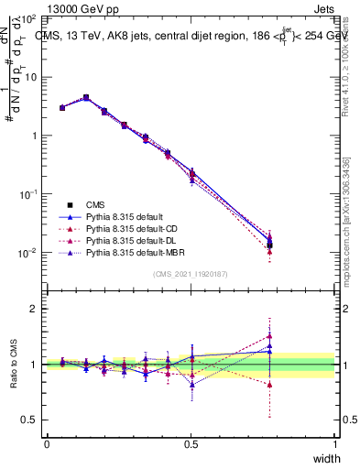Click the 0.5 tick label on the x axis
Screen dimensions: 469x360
(191, 444)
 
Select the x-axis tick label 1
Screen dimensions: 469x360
(335, 444)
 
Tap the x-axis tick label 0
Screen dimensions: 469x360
(47, 444)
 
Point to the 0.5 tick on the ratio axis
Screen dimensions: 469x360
(28, 420)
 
